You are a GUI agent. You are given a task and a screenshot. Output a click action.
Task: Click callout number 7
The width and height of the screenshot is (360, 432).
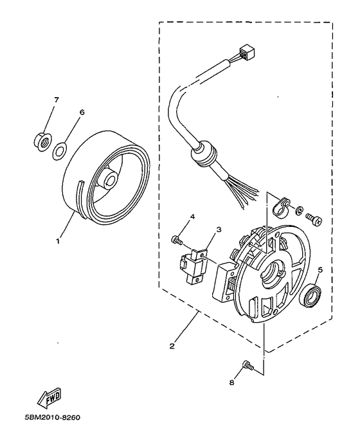56,100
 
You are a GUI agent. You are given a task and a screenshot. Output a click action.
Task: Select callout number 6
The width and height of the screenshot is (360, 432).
82,111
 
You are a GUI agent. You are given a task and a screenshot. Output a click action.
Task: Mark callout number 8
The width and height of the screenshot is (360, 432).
232,382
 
